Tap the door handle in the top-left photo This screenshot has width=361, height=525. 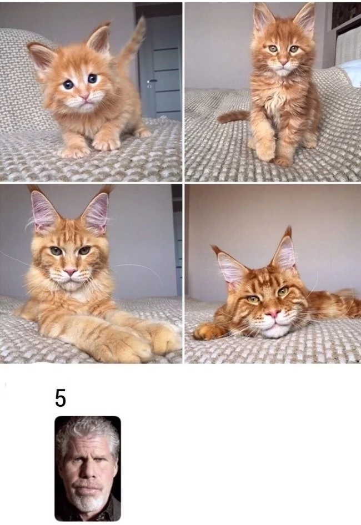152,81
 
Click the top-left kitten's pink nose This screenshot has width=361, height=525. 84,97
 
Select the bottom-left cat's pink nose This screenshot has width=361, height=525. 70,272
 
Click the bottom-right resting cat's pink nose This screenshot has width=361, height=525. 273,314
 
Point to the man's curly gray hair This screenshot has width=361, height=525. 87,435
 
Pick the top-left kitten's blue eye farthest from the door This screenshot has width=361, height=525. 68,84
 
